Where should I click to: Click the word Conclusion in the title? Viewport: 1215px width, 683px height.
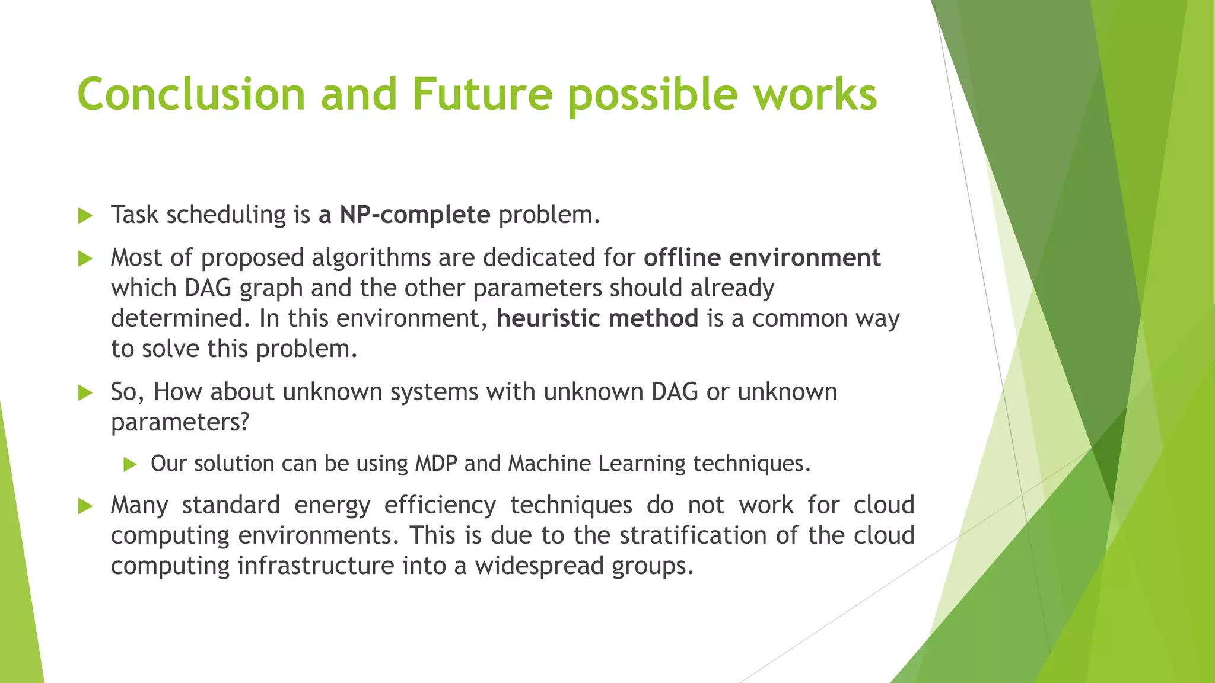click(x=191, y=95)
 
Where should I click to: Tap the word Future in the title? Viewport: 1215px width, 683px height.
click(x=482, y=95)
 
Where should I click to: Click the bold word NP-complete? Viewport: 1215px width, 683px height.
click(x=415, y=215)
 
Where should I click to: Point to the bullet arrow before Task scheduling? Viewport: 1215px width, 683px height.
click(x=85, y=216)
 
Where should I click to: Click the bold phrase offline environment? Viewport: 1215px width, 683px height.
click(x=762, y=258)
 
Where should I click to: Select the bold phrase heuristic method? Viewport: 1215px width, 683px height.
click(x=597, y=318)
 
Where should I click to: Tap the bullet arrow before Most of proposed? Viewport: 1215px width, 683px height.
click(x=85, y=259)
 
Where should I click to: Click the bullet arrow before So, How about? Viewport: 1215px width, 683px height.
click(x=85, y=393)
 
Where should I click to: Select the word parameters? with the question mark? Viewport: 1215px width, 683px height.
click(x=180, y=423)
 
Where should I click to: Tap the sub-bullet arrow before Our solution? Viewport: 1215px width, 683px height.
click(x=130, y=465)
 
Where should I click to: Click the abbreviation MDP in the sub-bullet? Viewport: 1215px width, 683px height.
click(x=435, y=464)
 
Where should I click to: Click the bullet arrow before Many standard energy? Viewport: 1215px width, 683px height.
click(x=85, y=506)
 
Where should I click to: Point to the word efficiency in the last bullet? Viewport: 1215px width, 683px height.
click(x=440, y=506)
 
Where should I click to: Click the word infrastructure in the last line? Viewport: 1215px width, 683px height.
click(x=316, y=566)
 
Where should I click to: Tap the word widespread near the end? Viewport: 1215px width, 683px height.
click(x=539, y=566)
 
